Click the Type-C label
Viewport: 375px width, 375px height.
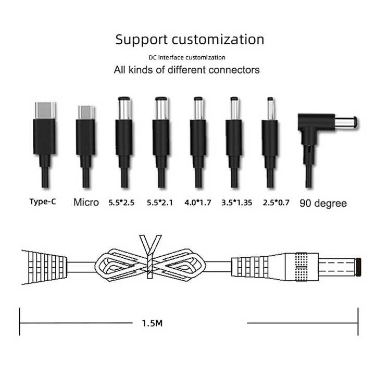(x=43, y=202)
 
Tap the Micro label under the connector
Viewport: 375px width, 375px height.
(x=86, y=202)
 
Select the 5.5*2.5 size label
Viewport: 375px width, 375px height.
(x=121, y=203)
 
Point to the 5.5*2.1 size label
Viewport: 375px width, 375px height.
(x=160, y=203)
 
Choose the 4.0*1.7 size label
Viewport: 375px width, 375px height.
(x=198, y=203)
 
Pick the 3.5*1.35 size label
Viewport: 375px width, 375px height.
(x=237, y=203)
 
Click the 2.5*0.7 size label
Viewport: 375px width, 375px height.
(x=276, y=203)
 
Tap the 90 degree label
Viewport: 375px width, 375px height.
(x=323, y=203)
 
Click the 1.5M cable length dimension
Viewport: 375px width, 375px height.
(x=152, y=323)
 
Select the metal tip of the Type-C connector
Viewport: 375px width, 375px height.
(x=45, y=110)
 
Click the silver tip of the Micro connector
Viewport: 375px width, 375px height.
(x=86, y=113)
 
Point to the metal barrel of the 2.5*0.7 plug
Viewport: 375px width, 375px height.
(x=270, y=109)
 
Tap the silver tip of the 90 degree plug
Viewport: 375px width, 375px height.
(x=346, y=122)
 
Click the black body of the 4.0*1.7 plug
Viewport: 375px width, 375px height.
(x=198, y=137)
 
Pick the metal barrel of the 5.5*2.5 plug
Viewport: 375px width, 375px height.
(x=124, y=108)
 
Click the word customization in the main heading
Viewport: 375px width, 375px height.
(x=218, y=40)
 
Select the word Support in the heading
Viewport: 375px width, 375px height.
(x=141, y=40)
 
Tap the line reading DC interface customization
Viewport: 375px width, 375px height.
(x=187, y=58)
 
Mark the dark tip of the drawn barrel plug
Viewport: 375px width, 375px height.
(x=358, y=267)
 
